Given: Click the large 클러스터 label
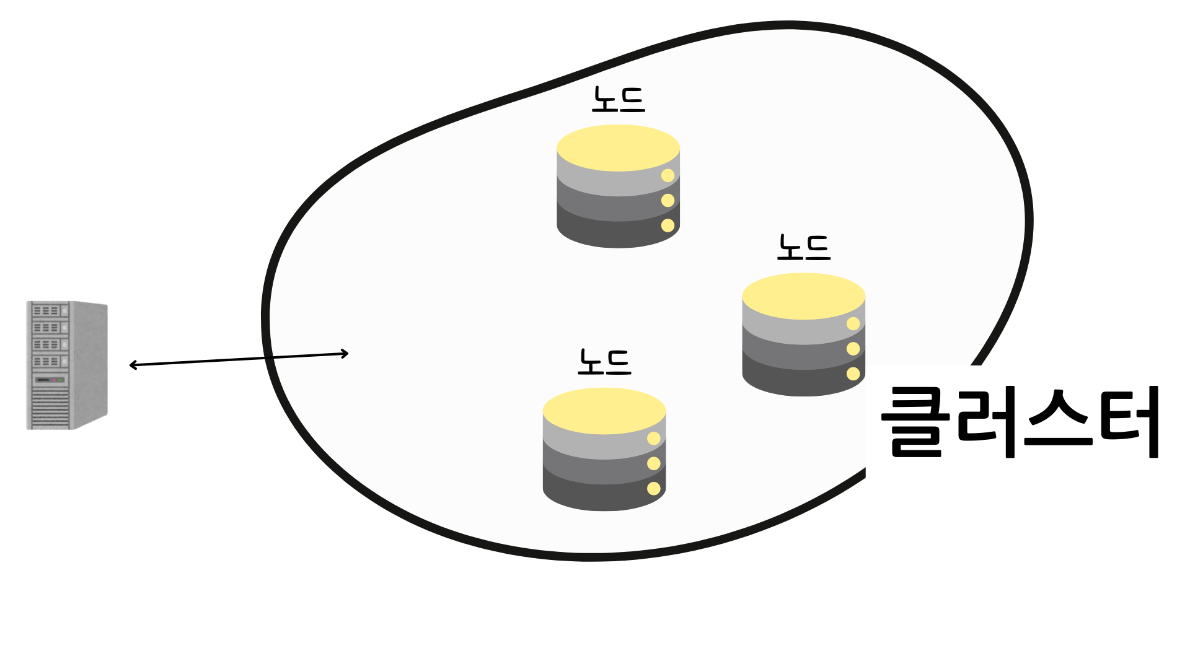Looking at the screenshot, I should click(1020, 421).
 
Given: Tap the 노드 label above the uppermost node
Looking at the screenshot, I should click(619, 100).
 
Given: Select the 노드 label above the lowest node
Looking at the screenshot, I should click(604, 362).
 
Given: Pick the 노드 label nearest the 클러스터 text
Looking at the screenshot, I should click(804, 247).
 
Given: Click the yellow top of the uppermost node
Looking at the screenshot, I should click(618, 147).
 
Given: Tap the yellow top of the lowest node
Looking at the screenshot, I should click(604, 410).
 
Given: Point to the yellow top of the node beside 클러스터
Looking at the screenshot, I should click(803, 295).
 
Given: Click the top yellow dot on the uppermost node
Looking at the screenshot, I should click(668, 175).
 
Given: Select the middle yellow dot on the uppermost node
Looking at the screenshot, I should click(668, 200).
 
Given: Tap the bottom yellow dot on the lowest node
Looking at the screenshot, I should click(653, 489).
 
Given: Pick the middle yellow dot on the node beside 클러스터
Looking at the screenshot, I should click(853, 349).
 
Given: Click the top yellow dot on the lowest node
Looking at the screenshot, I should click(653, 439).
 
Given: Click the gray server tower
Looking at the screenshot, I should click(67, 365).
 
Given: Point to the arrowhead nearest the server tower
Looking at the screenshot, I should click(133, 365).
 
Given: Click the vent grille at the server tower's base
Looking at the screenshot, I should click(50, 409).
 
